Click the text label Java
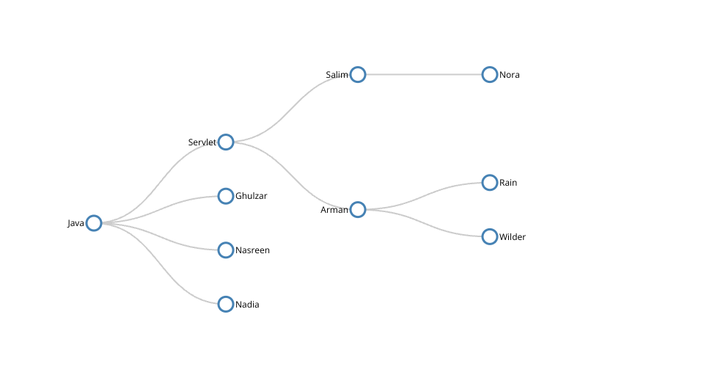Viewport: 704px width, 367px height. coord(76,223)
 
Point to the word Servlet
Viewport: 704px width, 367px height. coord(202,142)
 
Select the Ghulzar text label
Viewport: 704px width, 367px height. coord(251,196)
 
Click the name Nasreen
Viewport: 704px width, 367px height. coord(252,250)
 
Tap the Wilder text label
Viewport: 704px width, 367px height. coord(513,237)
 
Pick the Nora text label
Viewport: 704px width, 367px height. coord(509,75)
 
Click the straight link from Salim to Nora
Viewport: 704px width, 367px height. coord(424,75)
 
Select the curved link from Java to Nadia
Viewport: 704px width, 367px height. coord(160,264)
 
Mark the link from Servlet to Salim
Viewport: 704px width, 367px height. coord(292,108)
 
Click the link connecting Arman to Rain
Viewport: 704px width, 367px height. coord(424,196)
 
